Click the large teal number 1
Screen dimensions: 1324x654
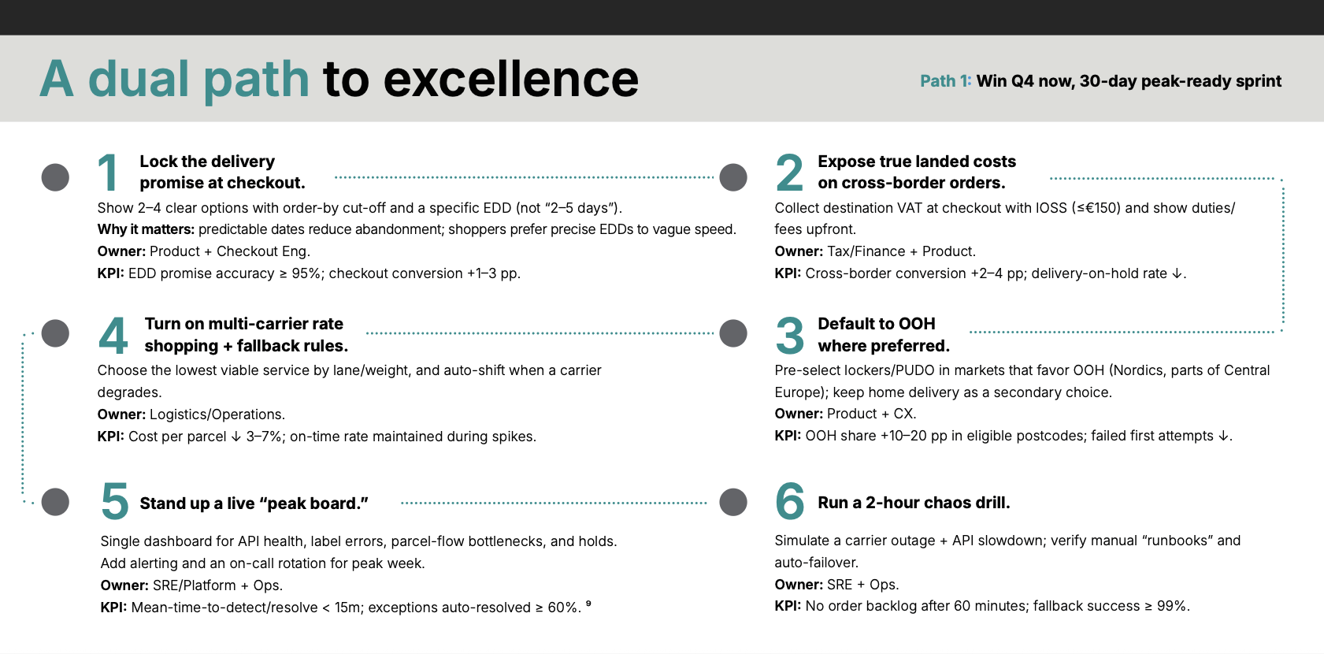pyautogui.click(x=108, y=172)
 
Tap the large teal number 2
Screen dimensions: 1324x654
pyautogui.click(x=789, y=172)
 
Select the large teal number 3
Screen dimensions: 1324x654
pyautogui.click(x=790, y=335)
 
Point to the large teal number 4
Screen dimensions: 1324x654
pyautogui.click(x=113, y=335)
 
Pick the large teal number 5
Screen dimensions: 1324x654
pyautogui.click(x=115, y=500)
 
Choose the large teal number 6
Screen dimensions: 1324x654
pyautogui.click(x=790, y=500)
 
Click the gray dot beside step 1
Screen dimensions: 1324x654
pyautogui.click(x=55, y=177)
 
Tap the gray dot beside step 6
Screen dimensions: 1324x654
pyautogui.click(x=733, y=502)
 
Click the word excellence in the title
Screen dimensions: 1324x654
pyautogui.click(x=510, y=79)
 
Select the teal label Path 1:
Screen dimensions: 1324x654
pyautogui.click(x=946, y=81)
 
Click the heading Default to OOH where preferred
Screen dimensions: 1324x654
pyautogui.click(x=884, y=335)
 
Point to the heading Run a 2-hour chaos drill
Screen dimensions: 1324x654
pyautogui.click(x=914, y=503)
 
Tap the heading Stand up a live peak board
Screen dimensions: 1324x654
pyautogui.click(x=254, y=504)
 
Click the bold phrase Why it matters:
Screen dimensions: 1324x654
pyautogui.click(x=146, y=229)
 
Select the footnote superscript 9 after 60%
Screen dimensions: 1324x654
pyautogui.click(x=588, y=603)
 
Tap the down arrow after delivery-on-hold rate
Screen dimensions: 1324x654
pyautogui.click(x=1177, y=273)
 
